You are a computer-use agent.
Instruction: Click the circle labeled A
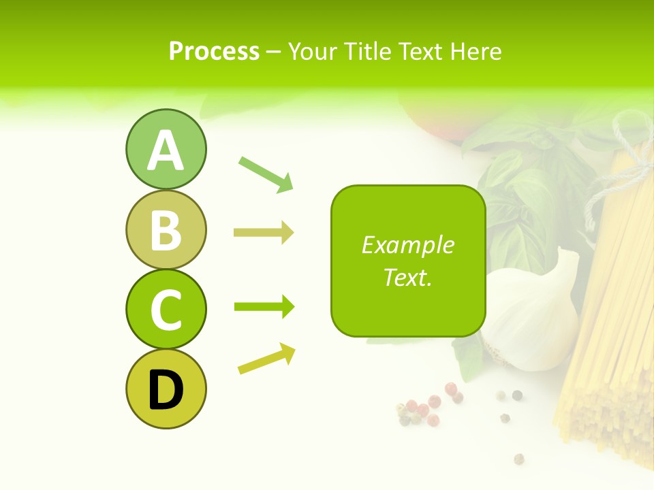coord(166,150)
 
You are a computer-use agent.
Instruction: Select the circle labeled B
coord(166,229)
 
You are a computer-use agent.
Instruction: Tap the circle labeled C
coord(166,309)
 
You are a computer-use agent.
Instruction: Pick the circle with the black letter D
coord(166,389)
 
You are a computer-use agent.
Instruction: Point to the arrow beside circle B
coord(264,233)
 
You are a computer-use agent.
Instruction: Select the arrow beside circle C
coord(264,307)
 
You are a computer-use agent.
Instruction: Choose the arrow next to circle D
coord(266,359)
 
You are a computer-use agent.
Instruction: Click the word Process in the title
coord(214,51)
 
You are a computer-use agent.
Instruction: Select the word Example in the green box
coord(407,245)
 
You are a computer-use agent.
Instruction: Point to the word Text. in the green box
coord(407,277)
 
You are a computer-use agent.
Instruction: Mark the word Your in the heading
coord(313,51)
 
